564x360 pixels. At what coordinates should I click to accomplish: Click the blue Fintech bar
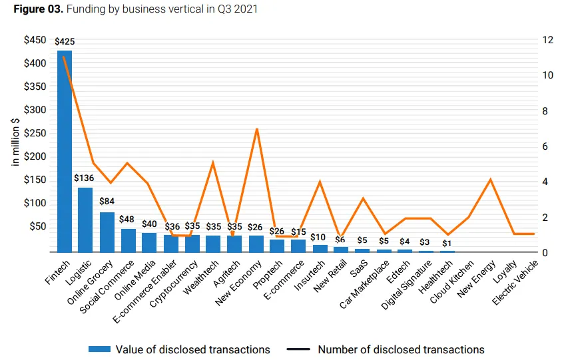(65, 151)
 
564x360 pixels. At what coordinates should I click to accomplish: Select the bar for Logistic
(85, 220)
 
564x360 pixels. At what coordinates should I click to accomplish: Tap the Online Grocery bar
(107, 232)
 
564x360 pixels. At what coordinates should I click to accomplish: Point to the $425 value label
(65, 42)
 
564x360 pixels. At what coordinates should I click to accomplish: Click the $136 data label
(84, 178)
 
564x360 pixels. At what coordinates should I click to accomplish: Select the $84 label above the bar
(107, 201)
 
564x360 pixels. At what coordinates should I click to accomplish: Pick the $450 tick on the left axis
(35, 40)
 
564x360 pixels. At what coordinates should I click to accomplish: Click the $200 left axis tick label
(35, 156)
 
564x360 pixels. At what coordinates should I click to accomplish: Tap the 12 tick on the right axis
(548, 40)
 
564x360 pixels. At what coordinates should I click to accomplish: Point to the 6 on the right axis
(545, 146)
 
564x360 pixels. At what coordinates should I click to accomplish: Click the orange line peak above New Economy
(257, 129)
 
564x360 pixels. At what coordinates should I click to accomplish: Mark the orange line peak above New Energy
(490, 179)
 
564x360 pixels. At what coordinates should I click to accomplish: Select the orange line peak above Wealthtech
(213, 162)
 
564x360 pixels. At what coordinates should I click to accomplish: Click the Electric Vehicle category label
(515, 282)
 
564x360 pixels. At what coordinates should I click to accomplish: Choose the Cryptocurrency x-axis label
(173, 283)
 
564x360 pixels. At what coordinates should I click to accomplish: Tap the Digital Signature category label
(406, 285)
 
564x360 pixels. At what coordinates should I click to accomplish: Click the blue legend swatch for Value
(99, 349)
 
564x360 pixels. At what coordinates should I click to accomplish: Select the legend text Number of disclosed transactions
(401, 349)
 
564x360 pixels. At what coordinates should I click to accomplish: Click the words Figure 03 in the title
(39, 9)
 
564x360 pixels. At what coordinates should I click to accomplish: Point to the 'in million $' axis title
(15, 141)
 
